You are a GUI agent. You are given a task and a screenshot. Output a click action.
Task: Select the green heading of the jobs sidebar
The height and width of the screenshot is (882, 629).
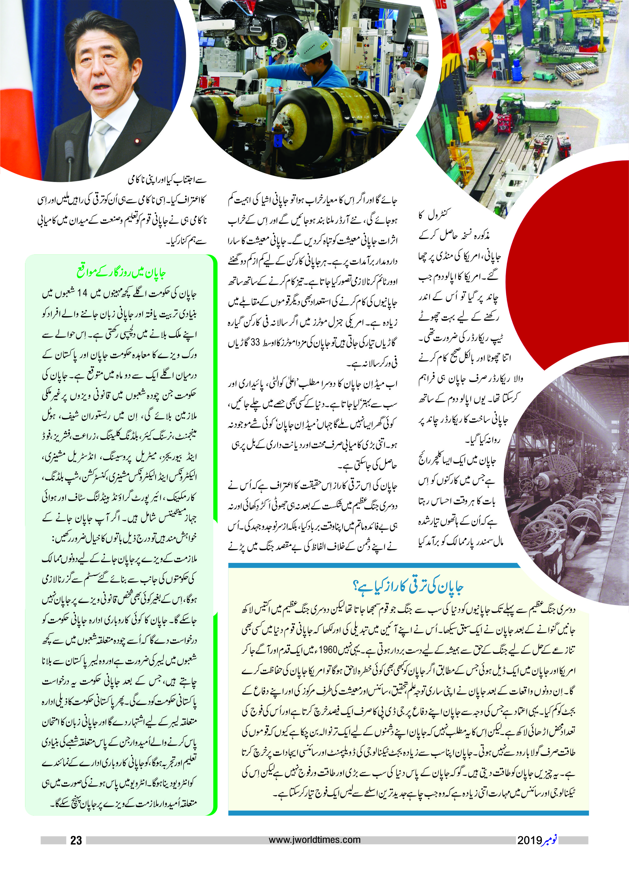tap(121, 272)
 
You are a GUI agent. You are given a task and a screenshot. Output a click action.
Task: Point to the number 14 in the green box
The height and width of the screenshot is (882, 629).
tap(82, 293)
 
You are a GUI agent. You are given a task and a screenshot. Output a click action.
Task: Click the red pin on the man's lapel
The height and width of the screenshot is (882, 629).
tap(136, 141)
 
